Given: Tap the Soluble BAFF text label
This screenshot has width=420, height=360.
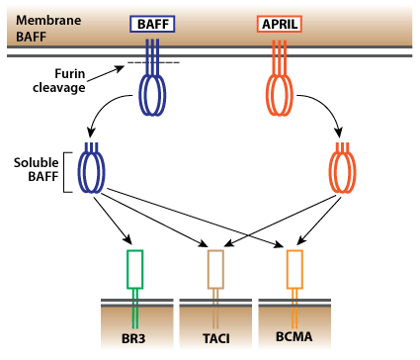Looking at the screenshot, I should click(x=33, y=170).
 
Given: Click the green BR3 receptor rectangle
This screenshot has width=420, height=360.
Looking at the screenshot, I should click(x=135, y=268).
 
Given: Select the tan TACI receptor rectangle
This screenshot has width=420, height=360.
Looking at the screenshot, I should click(x=216, y=268).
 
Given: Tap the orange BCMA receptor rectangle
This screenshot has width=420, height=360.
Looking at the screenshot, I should click(x=294, y=268).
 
